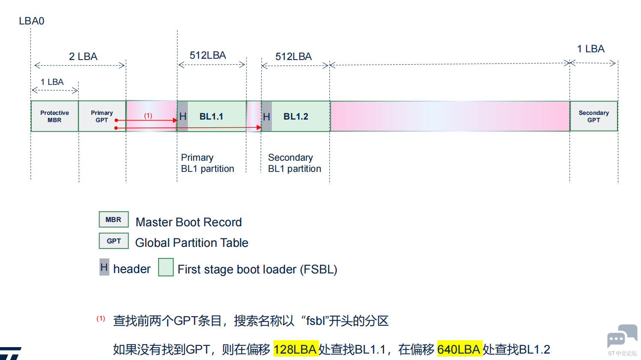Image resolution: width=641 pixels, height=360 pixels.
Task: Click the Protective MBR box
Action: pyautogui.click(x=54, y=116)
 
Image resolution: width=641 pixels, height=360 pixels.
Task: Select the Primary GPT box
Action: pyautogui.click(x=102, y=116)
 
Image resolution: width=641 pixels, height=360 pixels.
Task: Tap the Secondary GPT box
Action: pyautogui.click(x=593, y=116)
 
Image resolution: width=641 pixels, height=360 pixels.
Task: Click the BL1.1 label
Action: pyautogui.click(x=211, y=117)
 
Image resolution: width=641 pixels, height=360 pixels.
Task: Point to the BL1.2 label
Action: pyautogui.click(x=296, y=117)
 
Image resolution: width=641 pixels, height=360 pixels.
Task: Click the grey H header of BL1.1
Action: pyautogui.click(x=183, y=117)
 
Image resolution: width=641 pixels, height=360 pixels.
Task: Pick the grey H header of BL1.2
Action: pyautogui.click(x=267, y=117)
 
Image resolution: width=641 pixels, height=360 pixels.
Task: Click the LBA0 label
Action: pyautogui.click(x=32, y=21)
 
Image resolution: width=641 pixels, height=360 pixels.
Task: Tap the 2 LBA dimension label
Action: pyautogui.click(x=83, y=57)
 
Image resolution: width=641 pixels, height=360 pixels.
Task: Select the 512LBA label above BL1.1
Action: pyautogui.click(x=208, y=55)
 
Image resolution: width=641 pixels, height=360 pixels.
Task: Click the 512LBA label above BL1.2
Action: pyautogui.click(x=294, y=57)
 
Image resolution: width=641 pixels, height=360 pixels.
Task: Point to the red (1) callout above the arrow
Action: pyautogui.click(x=148, y=116)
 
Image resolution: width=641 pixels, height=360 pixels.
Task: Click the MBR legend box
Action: pyautogui.click(x=114, y=219)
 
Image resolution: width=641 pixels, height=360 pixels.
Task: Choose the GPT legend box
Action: pyautogui.click(x=114, y=241)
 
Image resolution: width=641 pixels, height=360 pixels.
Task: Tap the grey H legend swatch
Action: pyautogui.click(x=104, y=267)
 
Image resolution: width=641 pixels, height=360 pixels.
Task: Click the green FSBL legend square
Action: pyautogui.click(x=166, y=267)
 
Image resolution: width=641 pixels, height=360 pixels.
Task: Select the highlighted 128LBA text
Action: pyautogui.click(x=295, y=349)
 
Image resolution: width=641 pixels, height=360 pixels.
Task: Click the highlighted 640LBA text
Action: pyautogui.click(x=459, y=349)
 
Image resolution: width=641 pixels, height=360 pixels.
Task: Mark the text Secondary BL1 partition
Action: pyautogui.click(x=295, y=163)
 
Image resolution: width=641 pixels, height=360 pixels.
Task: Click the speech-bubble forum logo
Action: pyautogui.click(x=622, y=336)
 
